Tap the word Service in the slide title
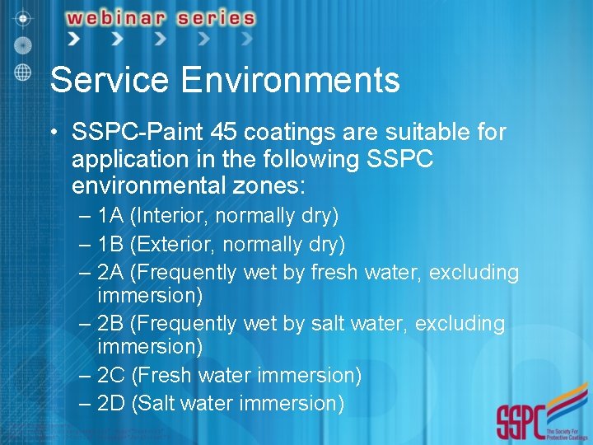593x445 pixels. click(x=110, y=81)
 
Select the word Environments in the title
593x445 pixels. click(x=289, y=81)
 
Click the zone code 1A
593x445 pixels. click(x=110, y=216)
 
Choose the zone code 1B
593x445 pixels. click(x=110, y=244)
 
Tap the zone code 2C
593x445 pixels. click(x=111, y=376)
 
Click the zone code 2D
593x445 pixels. click(x=111, y=403)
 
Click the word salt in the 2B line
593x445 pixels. click(x=329, y=324)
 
